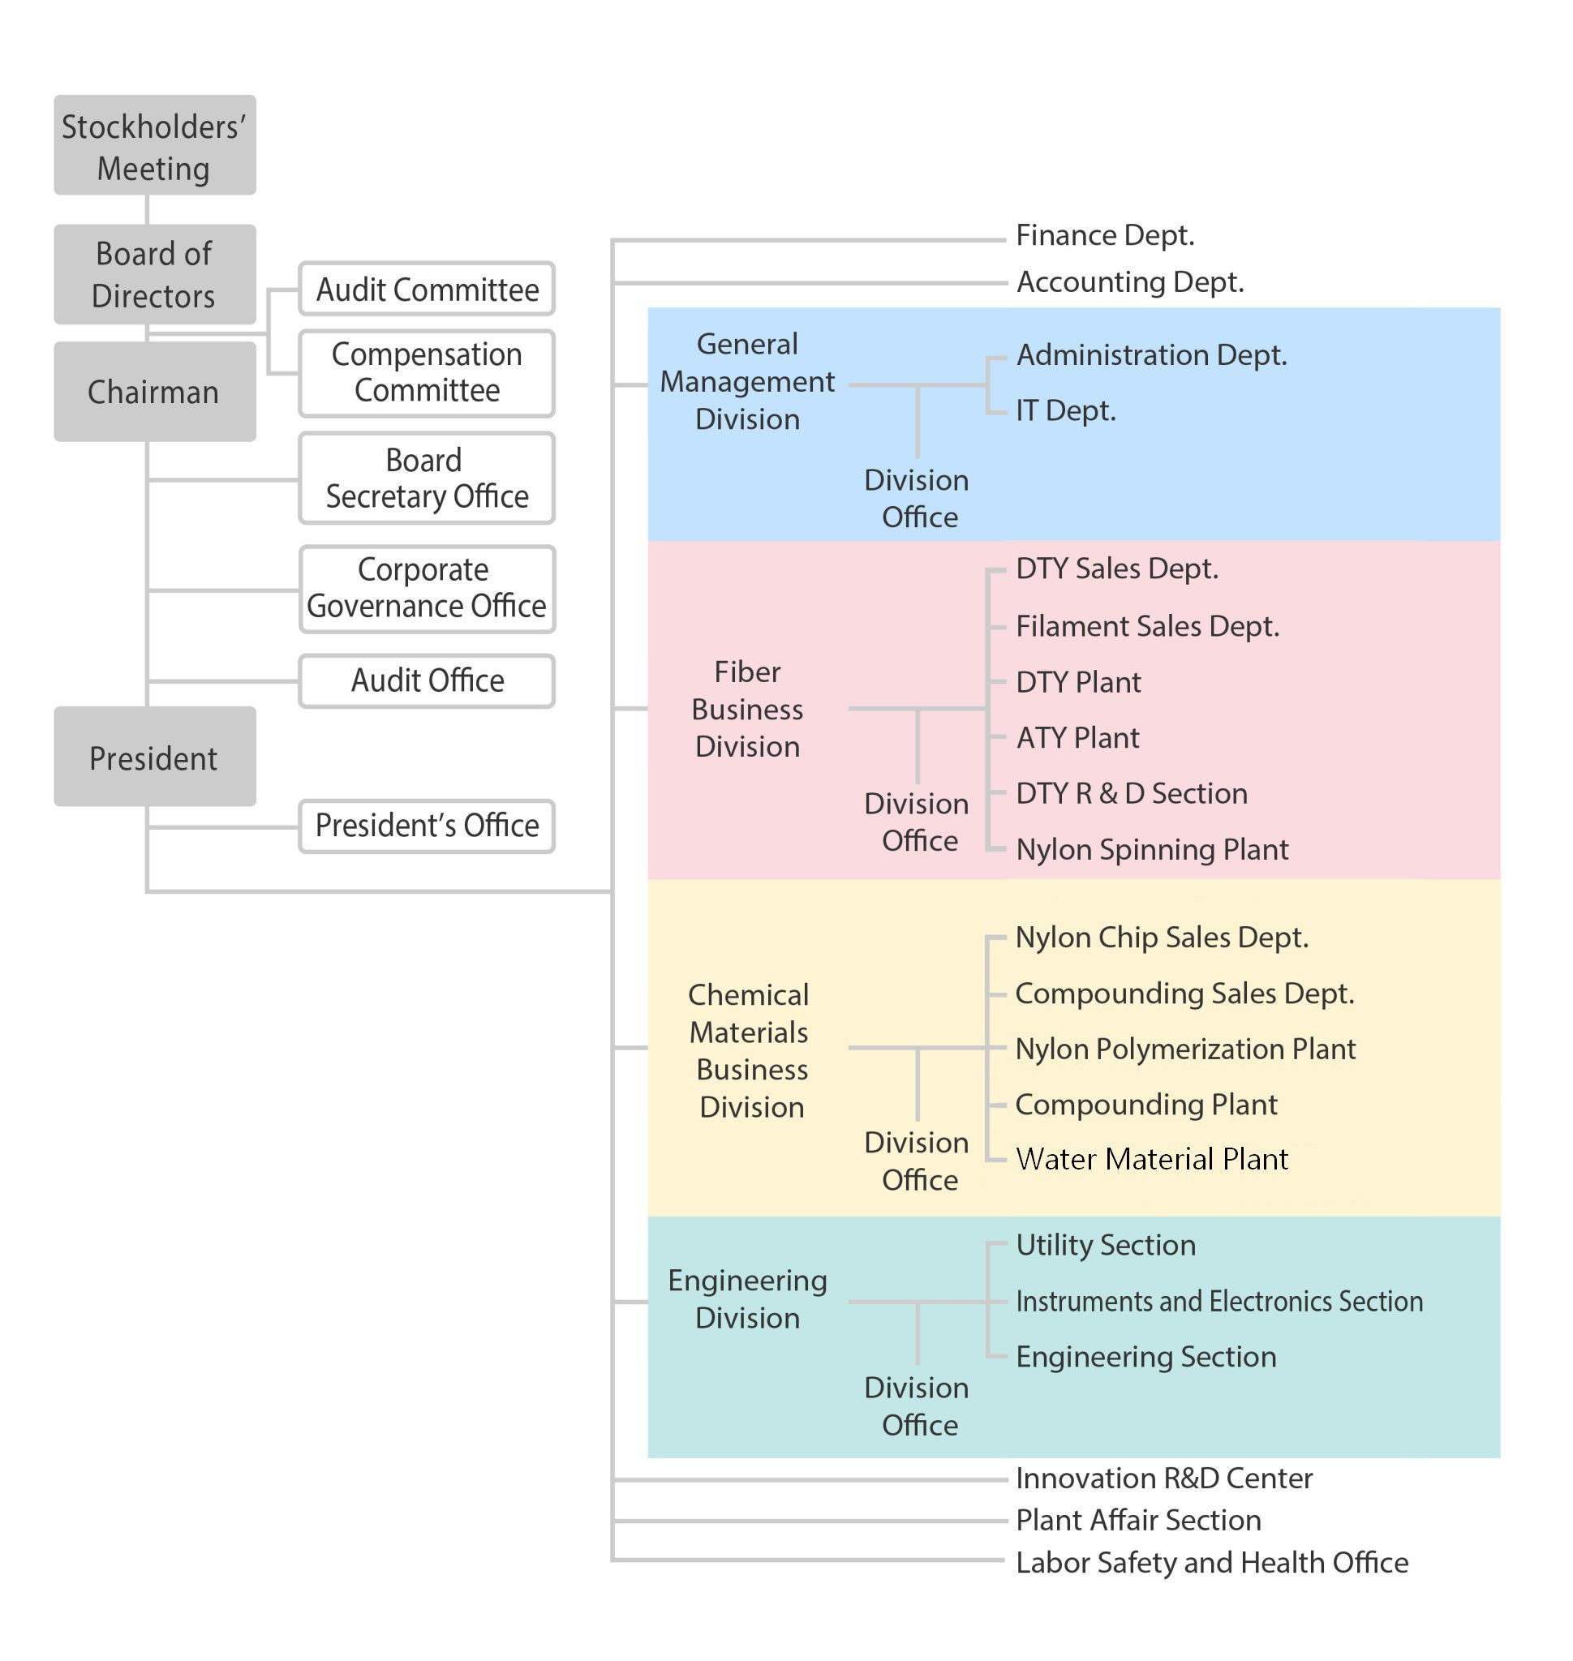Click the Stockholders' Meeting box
(155, 145)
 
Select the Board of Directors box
(155, 274)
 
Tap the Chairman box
(155, 392)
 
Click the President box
(155, 757)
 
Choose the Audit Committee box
(427, 290)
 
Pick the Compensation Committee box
(427, 373)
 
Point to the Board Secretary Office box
(427, 479)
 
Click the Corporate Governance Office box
(427, 590)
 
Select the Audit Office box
(427, 680)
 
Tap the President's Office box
(427, 826)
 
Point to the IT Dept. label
(1066, 411)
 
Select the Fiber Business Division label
(747, 710)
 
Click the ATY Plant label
(1077, 738)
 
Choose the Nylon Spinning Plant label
(1152, 849)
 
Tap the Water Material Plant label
(1151, 1159)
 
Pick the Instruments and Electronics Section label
(1219, 1301)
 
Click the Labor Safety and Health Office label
(1212, 1563)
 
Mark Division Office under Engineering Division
(918, 1406)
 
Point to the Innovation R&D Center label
(1164, 1479)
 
